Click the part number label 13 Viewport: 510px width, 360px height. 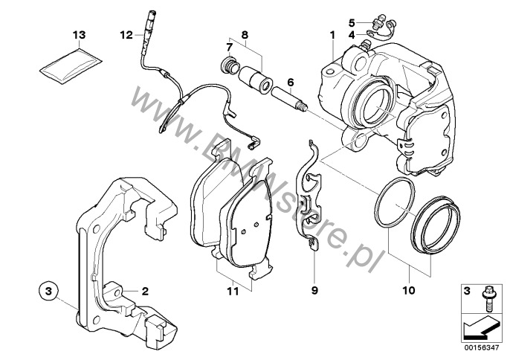click(79, 35)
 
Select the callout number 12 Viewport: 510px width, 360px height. click(125, 34)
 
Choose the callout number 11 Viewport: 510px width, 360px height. click(233, 292)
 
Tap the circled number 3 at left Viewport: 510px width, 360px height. click(47, 289)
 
